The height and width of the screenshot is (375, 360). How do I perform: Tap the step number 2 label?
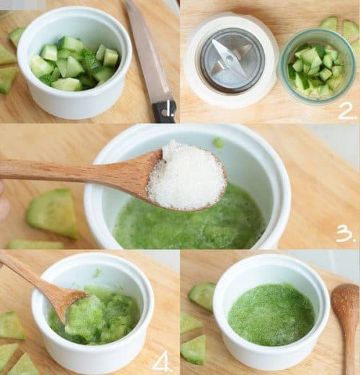346,111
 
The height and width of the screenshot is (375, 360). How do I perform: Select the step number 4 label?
162,363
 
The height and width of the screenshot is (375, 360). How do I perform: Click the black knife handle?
164,111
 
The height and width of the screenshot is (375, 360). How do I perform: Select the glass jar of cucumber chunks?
318,65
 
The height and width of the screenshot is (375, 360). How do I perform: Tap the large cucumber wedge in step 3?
53,213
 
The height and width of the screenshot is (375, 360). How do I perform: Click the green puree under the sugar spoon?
189,225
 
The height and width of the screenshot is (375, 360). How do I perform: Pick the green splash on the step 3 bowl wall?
219,142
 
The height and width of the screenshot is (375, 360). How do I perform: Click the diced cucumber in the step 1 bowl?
74,64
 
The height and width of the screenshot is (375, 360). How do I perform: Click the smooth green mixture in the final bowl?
271,315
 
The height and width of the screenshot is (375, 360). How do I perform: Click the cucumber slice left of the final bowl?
202,296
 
